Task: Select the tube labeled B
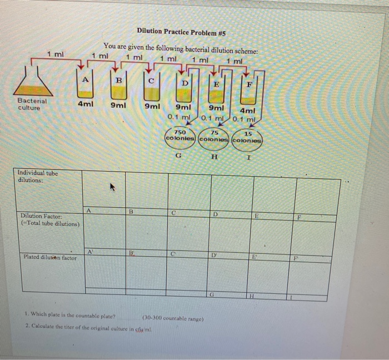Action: pyautogui.click(x=118, y=83)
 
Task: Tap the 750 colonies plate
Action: pyautogui.click(x=180, y=136)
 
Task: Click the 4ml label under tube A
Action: pyautogui.click(x=85, y=103)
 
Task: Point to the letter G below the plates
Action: pyautogui.click(x=178, y=156)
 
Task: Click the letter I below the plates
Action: pyautogui.click(x=248, y=158)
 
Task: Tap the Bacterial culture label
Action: pyautogui.click(x=32, y=104)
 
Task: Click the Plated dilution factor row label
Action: pyautogui.click(x=50, y=257)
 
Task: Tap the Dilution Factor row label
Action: pyautogui.click(x=50, y=219)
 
